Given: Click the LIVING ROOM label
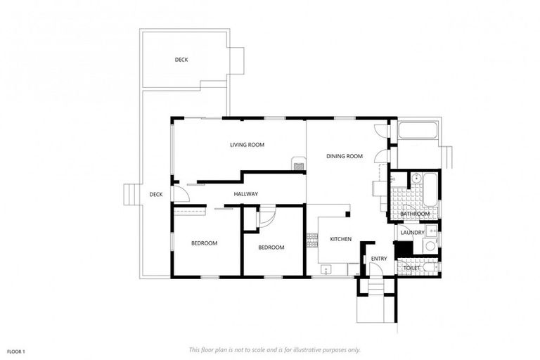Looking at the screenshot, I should pos(247,145).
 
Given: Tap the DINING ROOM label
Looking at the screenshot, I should pos(345,156).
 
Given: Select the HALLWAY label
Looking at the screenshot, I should pos(246,194).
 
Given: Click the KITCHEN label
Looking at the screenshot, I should pos(341,239).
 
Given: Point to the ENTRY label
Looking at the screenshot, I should pos(379,259).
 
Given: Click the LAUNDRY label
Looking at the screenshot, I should pos(412,232).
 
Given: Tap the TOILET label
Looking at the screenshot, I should pos(412,268).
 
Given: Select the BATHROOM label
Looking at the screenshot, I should pos(415,214).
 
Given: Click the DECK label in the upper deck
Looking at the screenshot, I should pos(181,60).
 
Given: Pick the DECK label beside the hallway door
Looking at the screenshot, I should pos(155,195).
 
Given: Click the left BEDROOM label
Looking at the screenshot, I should pos(204,243).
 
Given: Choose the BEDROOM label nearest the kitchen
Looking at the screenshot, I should pos(271,247).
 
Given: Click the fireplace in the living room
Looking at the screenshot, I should pos(299,167).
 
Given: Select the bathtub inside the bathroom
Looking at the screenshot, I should pos(428,188).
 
